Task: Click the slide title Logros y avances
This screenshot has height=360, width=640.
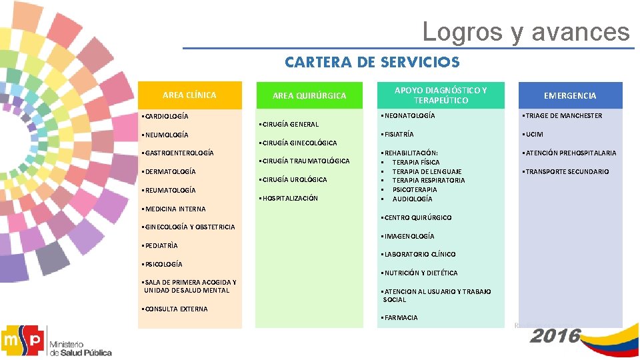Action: pyautogui.click(x=525, y=31)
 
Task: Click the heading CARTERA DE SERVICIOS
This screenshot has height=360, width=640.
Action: pyautogui.click(x=372, y=63)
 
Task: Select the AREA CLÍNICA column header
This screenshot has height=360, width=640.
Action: pyautogui.click(x=189, y=95)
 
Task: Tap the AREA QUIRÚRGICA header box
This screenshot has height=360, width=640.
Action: pyautogui.click(x=309, y=96)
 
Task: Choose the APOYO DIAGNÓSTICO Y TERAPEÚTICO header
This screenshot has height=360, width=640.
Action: pyautogui.click(x=441, y=95)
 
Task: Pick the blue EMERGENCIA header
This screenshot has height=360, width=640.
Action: pyautogui.click(x=570, y=96)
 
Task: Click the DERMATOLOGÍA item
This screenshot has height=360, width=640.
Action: pyautogui.click(x=170, y=172)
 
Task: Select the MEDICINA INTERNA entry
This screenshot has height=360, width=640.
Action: pyautogui.click(x=175, y=209)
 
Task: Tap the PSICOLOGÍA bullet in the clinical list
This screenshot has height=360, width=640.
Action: pyautogui.click(x=163, y=264)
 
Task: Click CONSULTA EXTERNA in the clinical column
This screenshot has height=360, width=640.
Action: pyautogui.click(x=175, y=309)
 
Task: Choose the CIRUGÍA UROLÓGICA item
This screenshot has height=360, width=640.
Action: pyautogui.click(x=293, y=179)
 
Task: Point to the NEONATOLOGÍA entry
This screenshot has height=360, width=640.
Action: pyautogui.click(x=408, y=116)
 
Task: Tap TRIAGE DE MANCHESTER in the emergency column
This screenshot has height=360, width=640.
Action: pyautogui.click(x=563, y=116)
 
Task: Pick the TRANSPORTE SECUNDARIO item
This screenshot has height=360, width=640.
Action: pyautogui.click(x=566, y=172)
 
